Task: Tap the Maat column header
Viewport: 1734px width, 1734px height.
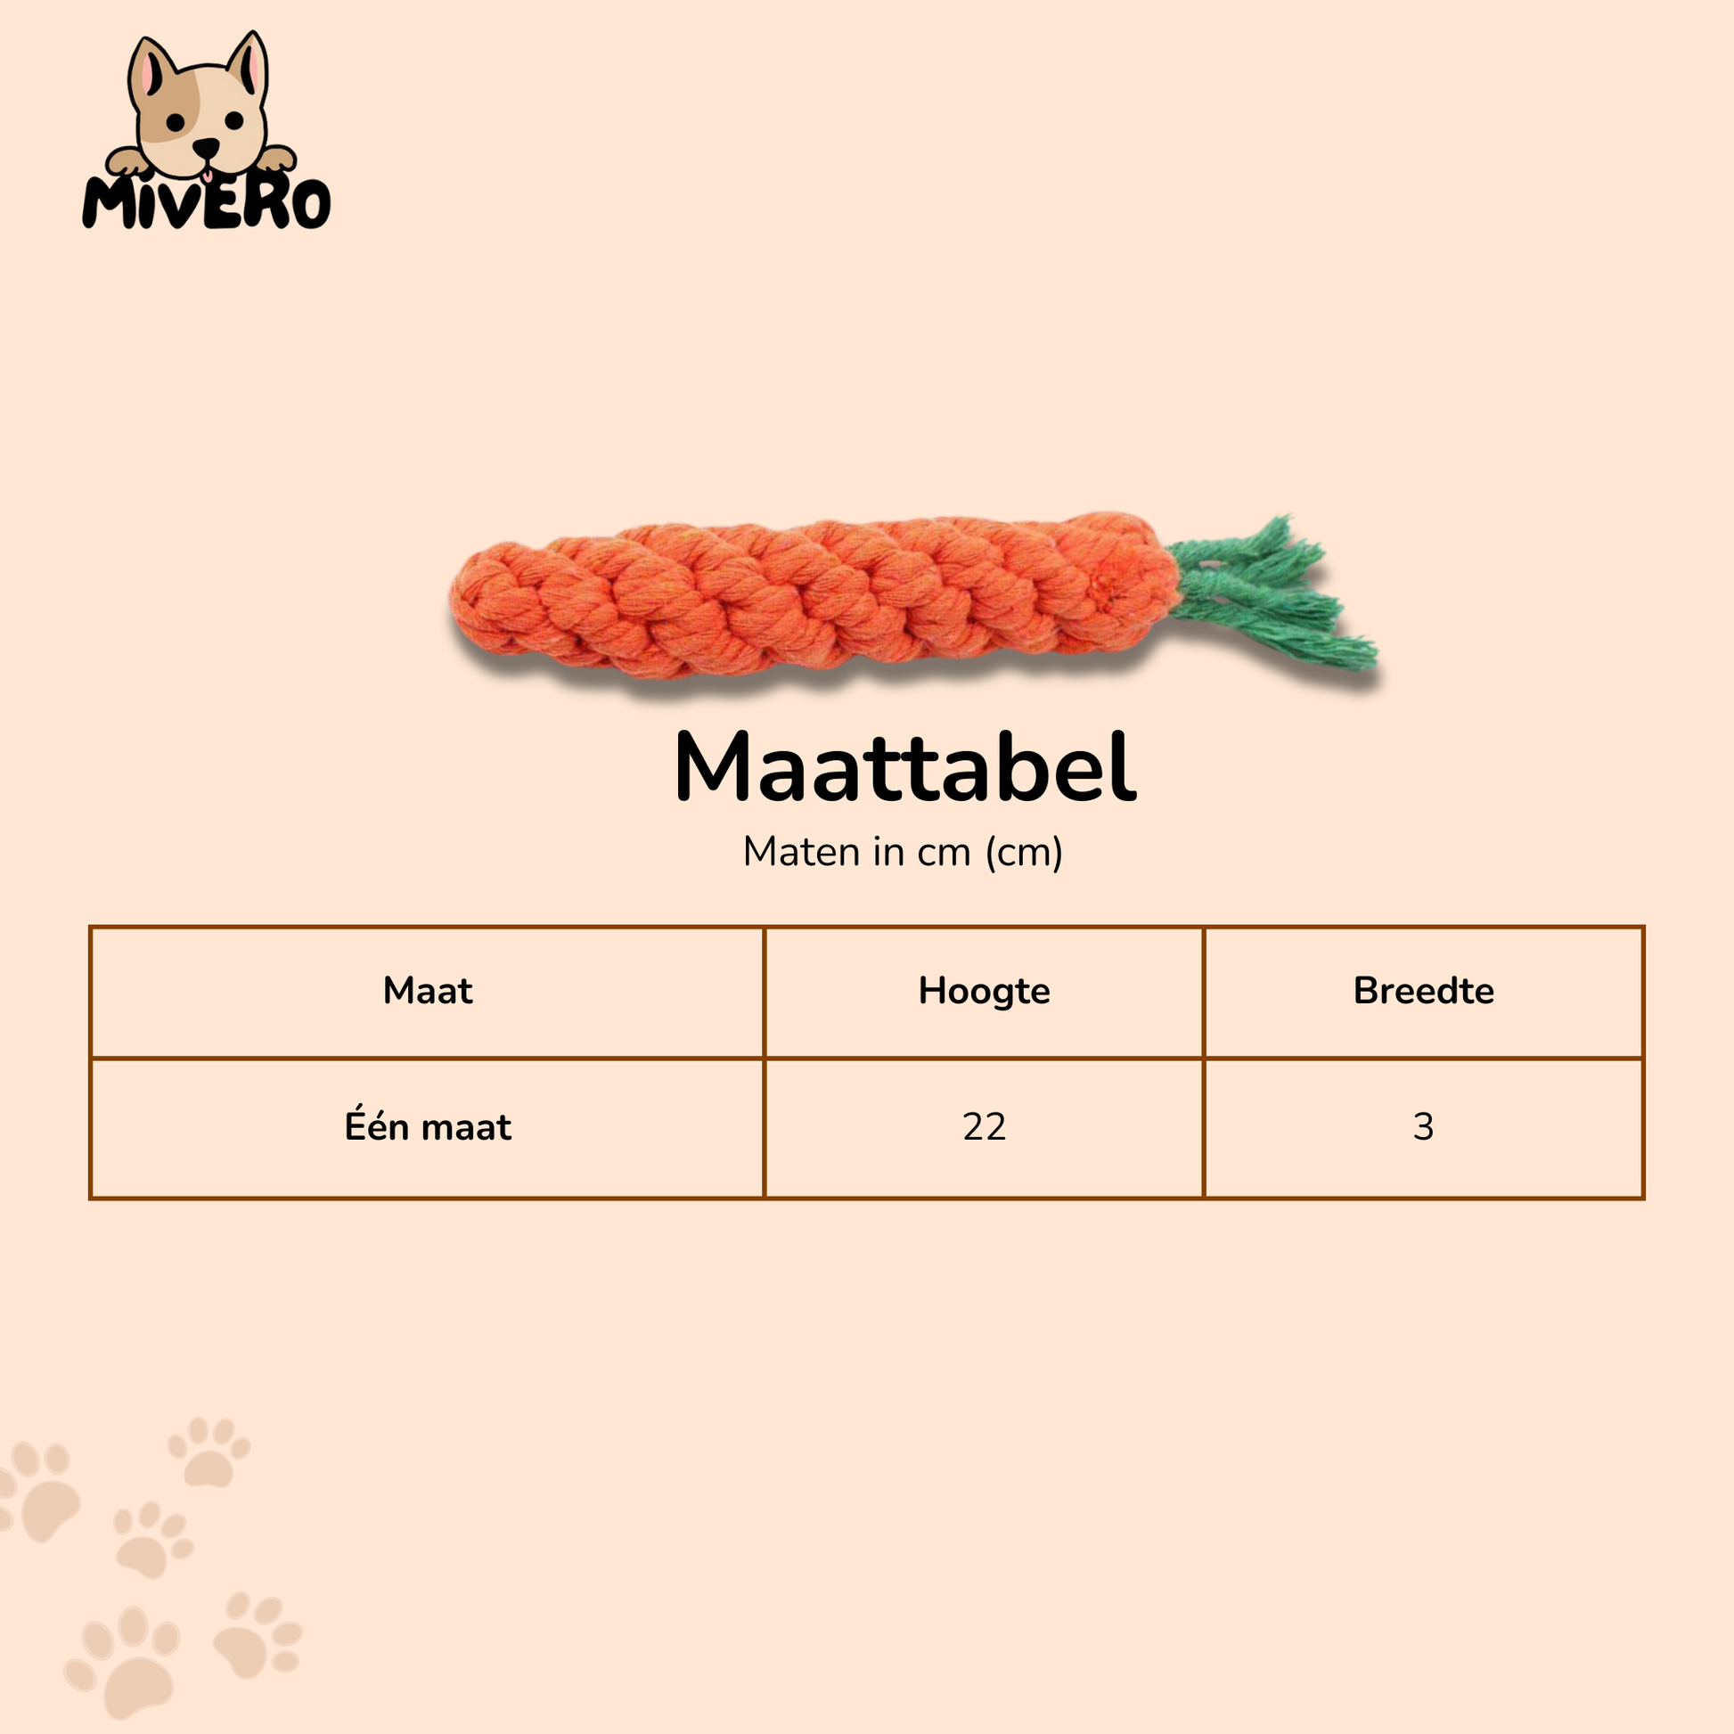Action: tap(427, 991)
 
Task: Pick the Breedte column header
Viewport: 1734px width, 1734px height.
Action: tap(1423, 991)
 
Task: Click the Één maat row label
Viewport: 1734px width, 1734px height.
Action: tap(427, 1125)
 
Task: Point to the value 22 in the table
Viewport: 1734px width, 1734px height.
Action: tap(984, 1126)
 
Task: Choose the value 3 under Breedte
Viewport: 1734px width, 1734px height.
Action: tap(1423, 1126)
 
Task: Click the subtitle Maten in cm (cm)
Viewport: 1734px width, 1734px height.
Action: tap(903, 852)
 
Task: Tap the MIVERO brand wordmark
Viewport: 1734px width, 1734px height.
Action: tap(207, 202)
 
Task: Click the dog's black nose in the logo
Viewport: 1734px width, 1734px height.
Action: tap(206, 146)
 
